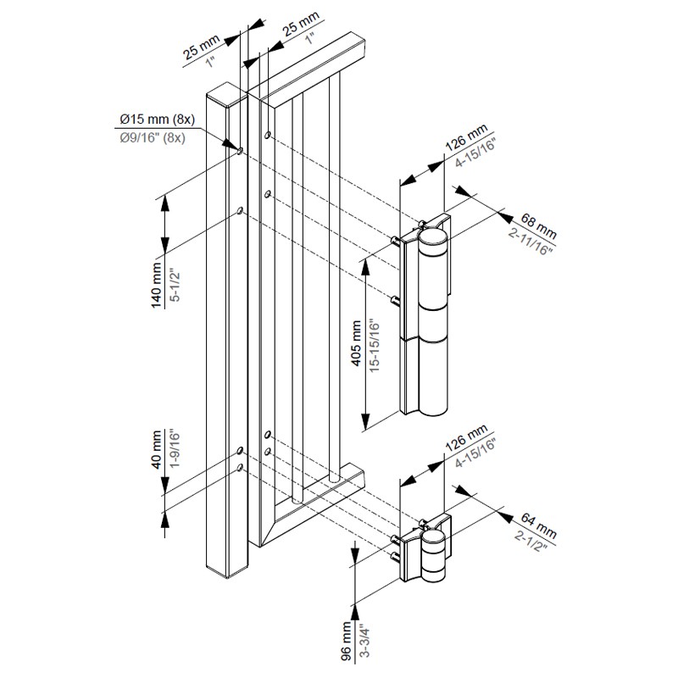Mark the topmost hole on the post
pyautogui.click(x=240, y=150)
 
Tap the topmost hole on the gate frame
pyautogui.click(x=269, y=135)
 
